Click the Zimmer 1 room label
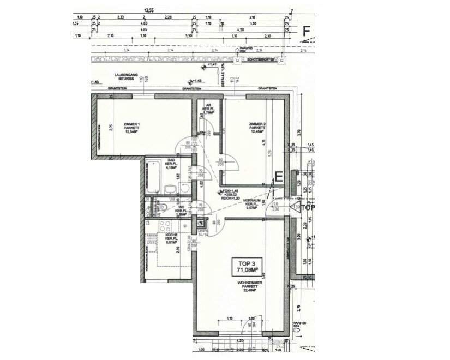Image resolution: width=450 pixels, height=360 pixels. point(131,128)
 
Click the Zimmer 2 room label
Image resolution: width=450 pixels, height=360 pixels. point(257,128)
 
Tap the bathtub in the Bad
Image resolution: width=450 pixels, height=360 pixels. point(152,176)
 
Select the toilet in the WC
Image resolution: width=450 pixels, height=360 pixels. point(165,207)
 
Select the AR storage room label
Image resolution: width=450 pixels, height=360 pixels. point(208,109)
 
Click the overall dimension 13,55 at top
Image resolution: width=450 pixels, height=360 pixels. point(148,10)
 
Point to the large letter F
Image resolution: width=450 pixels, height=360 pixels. point(307,32)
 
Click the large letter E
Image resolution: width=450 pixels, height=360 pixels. point(278,177)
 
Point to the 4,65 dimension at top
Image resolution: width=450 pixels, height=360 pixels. point(143,30)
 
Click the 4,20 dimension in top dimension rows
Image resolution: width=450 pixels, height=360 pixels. point(239,30)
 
